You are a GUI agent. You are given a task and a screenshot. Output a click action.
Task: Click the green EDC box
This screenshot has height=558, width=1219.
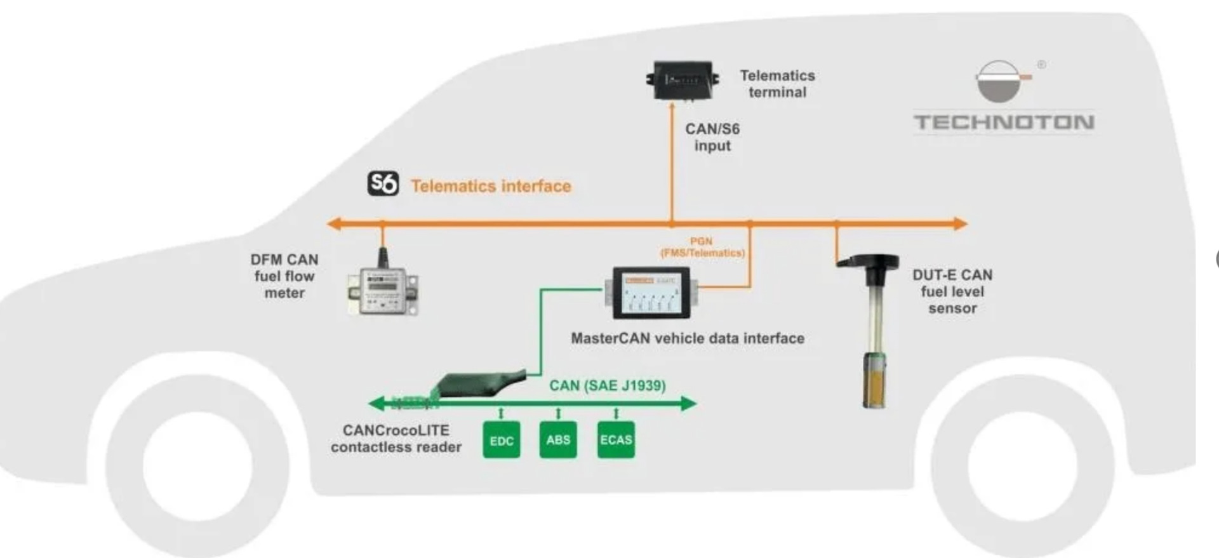pyautogui.click(x=501, y=440)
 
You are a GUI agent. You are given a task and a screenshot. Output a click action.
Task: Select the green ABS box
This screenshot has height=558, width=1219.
pyautogui.click(x=558, y=439)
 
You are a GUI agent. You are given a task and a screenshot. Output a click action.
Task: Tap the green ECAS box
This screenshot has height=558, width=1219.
pyautogui.click(x=616, y=439)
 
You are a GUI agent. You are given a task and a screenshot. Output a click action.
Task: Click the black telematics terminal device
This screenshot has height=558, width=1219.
pyautogui.click(x=683, y=80)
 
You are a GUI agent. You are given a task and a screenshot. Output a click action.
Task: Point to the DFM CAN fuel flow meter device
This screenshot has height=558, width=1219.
pyautogui.click(x=383, y=291)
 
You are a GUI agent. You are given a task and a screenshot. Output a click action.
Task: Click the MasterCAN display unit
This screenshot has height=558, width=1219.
pyautogui.click(x=651, y=293)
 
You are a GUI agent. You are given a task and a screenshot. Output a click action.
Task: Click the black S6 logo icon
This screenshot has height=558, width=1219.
pyautogui.click(x=383, y=183)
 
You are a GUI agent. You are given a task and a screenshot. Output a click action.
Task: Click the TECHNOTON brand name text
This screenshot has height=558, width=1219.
pyautogui.click(x=1003, y=123)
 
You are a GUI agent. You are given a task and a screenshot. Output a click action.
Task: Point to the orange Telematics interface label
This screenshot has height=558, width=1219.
pyautogui.click(x=491, y=186)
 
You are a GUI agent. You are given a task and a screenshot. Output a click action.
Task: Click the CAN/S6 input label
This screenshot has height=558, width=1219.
pyautogui.click(x=712, y=137)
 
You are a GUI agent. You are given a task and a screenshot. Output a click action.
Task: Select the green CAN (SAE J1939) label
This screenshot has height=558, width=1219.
pyautogui.click(x=607, y=385)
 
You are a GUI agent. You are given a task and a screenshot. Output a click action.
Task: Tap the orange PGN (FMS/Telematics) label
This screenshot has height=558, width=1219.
pyautogui.click(x=702, y=247)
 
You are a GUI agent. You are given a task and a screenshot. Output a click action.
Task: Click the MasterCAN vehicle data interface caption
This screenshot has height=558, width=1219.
pyautogui.click(x=688, y=338)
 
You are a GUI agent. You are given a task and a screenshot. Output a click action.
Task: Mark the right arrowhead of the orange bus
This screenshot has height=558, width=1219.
pyautogui.click(x=960, y=223)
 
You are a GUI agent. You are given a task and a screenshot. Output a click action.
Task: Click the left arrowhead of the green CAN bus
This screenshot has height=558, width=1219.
pyautogui.click(x=376, y=403)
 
